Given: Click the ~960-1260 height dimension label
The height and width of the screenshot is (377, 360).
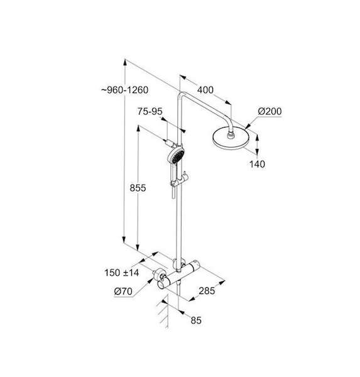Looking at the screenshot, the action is [x=124, y=90].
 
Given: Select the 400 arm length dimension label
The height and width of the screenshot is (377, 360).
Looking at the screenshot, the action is [x=205, y=90].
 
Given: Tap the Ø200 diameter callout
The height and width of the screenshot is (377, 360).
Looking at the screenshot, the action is [x=270, y=111].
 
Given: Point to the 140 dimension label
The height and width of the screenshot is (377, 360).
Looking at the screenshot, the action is [x=257, y=164].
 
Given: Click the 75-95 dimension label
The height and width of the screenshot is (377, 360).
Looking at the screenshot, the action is [x=150, y=112].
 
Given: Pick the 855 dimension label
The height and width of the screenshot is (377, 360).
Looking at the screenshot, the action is [x=138, y=188].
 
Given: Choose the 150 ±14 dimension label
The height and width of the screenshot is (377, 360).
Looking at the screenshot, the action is [x=121, y=273].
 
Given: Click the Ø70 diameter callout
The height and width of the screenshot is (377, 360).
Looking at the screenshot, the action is [x=123, y=292].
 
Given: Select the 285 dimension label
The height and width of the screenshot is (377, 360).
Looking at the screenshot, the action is [x=207, y=291].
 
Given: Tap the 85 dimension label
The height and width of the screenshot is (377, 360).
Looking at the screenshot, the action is [x=196, y=320].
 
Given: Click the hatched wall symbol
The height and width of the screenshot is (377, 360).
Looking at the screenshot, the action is [x=163, y=313].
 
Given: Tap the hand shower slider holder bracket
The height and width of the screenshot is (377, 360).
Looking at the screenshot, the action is [x=180, y=180].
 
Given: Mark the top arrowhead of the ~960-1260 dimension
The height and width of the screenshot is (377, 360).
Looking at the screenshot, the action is [x=124, y=62].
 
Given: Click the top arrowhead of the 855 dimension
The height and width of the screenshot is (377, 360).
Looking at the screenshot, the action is [x=138, y=129].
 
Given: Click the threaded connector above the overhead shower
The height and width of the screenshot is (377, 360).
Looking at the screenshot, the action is [x=231, y=135].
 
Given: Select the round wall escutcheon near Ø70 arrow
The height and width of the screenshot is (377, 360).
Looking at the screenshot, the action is [x=160, y=276].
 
